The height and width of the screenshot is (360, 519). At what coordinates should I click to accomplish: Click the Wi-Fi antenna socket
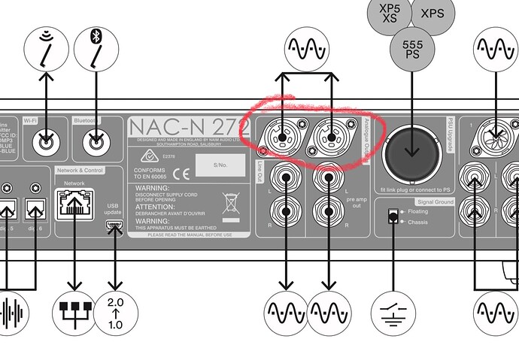tap(47, 140)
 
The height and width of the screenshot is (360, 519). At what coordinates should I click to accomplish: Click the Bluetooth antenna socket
tap(96, 140)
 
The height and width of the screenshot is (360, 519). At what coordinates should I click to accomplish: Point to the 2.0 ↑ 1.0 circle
tap(115, 310)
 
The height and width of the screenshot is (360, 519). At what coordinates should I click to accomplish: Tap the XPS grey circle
tap(432, 14)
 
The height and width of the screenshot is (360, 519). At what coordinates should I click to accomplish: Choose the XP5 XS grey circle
tap(389, 13)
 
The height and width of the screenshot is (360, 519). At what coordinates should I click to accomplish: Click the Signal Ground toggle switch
tap(392, 217)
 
